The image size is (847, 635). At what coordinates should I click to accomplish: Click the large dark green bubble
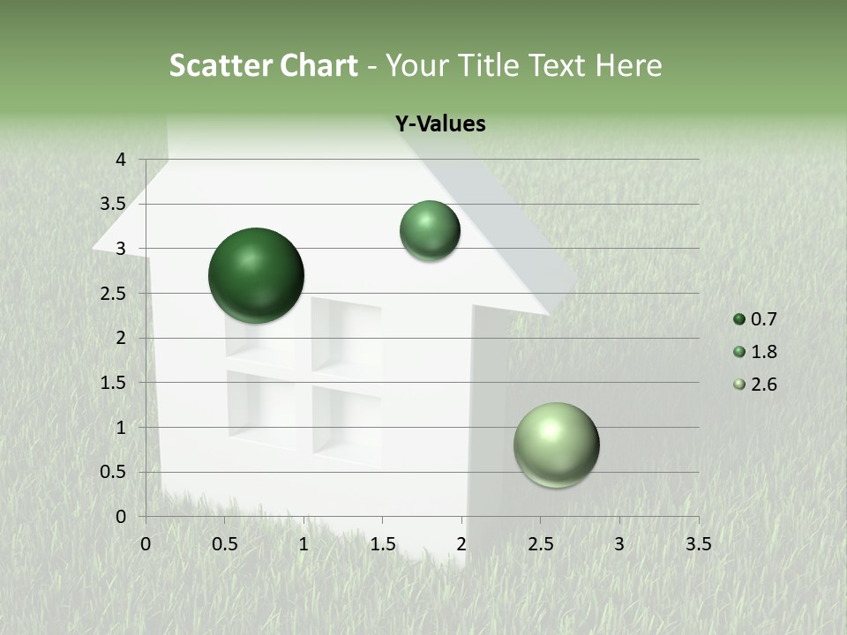[256, 275]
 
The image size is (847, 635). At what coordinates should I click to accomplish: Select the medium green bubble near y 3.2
[430, 230]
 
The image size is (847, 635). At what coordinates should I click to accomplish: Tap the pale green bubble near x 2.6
[556, 444]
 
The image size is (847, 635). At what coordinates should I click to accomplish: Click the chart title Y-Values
[439, 124]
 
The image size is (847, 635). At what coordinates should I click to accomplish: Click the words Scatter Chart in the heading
[263, 65]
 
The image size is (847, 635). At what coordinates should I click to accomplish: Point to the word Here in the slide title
[627, 65]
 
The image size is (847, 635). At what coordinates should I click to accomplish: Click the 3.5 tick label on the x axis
[698, 544]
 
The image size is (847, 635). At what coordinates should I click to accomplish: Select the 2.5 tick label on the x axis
[540, 544]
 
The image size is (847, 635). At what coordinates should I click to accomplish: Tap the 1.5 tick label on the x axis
[382, 544]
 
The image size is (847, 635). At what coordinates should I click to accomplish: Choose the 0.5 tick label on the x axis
[224, 544]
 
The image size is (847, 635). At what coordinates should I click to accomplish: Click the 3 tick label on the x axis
[619, 544]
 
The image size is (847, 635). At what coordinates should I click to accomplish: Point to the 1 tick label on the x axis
[304, 544]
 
